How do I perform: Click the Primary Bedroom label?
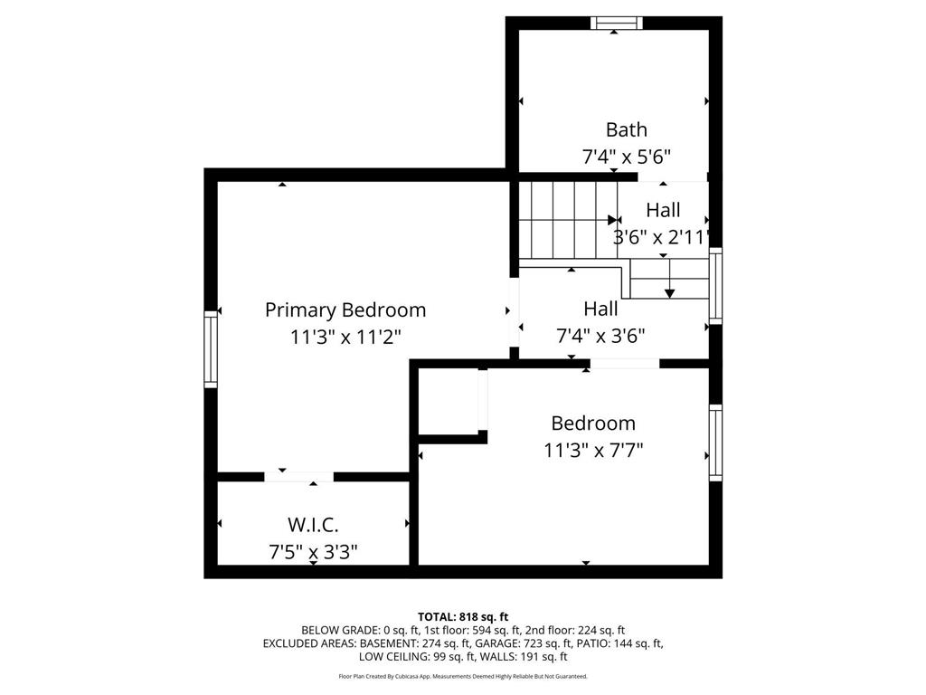345,310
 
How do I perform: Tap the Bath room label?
626,129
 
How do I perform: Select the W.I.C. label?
313,525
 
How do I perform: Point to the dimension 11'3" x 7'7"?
593,449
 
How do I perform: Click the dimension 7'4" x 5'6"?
626,157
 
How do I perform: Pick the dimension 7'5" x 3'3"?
313,551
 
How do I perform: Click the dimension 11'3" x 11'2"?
345,337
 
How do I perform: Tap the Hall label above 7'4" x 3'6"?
600,309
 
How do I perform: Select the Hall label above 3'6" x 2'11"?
663,210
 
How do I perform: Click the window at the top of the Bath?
616,23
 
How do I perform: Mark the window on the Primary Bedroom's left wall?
211,348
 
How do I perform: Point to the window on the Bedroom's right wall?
715,442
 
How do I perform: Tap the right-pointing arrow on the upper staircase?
614,220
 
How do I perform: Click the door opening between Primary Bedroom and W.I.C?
298,476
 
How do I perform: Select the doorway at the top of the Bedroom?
624,364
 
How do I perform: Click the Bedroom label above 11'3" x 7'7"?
593,423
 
